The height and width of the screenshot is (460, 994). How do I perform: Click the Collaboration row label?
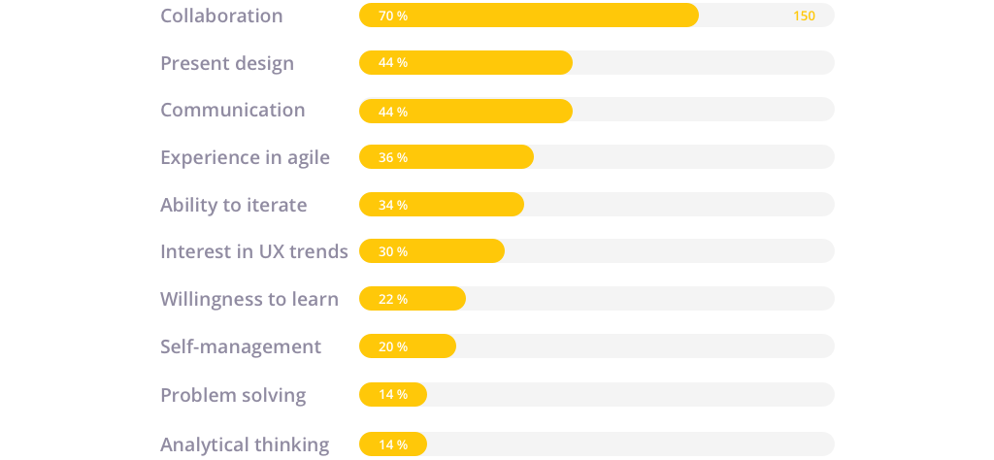221,16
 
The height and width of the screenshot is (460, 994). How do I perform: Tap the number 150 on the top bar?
804,16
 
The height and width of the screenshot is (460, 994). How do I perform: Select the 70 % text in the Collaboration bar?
393,16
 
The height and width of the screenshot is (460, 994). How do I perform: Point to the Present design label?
227,63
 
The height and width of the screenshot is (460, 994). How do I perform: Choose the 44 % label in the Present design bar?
393,63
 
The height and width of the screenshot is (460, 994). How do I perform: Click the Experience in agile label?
245,157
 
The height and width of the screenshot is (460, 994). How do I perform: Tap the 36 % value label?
393,157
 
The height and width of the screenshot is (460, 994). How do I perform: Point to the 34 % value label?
393,205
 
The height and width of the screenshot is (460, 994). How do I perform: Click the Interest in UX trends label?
253,251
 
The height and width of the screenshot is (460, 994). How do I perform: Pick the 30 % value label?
393,251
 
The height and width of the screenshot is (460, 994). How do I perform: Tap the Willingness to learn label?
249,299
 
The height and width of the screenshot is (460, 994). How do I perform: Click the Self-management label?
241,346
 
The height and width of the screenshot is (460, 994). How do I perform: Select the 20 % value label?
393,346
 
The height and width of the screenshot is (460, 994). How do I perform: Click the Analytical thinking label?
245,444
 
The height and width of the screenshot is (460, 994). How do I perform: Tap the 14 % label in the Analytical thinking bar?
393,444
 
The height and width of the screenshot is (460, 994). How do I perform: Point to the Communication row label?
233,110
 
